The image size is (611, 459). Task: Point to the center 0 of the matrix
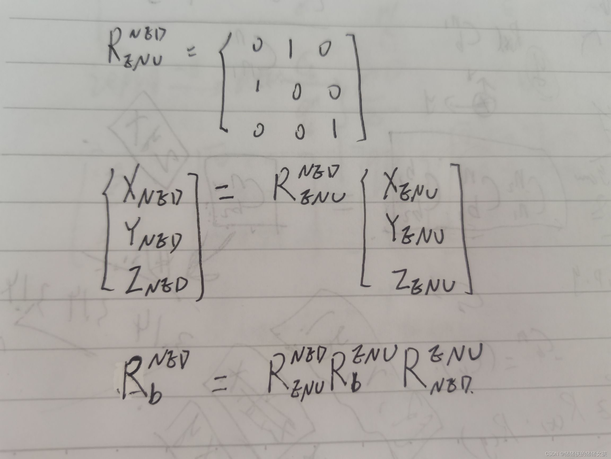(x=296, y=92)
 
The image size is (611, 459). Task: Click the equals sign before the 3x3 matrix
(x=191, y=52)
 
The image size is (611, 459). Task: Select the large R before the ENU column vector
(x=284, y=186)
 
